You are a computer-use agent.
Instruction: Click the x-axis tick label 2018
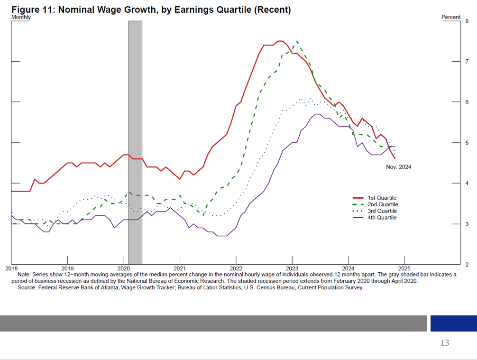[x=11, y=268]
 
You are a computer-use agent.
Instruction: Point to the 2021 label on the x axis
[x=180, y=268]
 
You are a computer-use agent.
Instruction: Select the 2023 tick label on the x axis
[x=292, y=268]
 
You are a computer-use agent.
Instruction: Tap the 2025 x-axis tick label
[x=404, y=268]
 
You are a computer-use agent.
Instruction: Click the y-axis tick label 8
[x=467, y=21]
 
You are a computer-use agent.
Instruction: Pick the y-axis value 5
[x=467, y=143]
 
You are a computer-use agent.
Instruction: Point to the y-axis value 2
[x=467, y=264]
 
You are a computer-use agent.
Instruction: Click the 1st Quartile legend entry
[x=382, y=198]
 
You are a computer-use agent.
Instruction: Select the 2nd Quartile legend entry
[x=382, y=204]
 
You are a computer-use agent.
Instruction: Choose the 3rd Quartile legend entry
[x=382, y=211]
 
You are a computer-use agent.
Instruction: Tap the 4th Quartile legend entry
[x=382, y=218]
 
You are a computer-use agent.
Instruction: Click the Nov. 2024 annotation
[x=399, y=166]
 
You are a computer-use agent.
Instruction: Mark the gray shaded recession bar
[x=135, y=142]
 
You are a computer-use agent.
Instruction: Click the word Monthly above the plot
[x=21, y=18]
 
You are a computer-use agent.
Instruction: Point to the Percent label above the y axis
[x=451, y=17]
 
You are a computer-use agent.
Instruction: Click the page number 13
[x=444, y=343]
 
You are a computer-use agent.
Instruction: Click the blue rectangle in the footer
[x=453, y=323]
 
